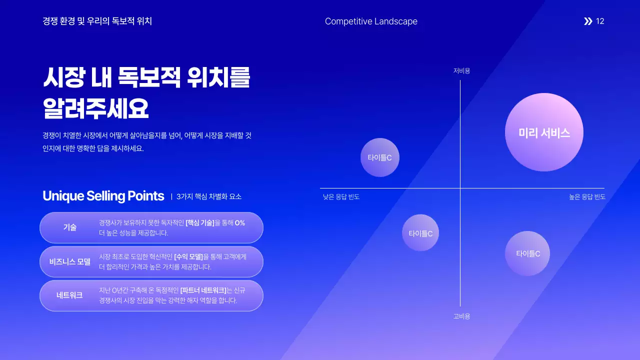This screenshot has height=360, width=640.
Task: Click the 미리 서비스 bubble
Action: pyautogui.click(x=544, y=132)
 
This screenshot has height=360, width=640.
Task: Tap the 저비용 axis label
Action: pyautogui.click(x=461, y=71)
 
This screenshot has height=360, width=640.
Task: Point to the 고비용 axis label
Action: pyautogui.click(x=461, y=316)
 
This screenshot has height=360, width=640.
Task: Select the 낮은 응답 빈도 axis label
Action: pyautogui.click(x=341, y=197)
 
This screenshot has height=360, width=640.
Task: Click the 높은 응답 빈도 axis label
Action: pyautogui.click(x=587, y=197)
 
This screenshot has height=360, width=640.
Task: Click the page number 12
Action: pyautogui.click(x=600, y=21)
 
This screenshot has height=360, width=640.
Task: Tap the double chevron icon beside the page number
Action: pyautogui.click(x=588, y=21)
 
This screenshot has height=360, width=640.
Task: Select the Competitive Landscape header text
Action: pyautogui.click(x=371, y=21)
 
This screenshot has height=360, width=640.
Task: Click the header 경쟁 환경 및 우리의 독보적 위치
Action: pyautogui.click(x=97, y=21)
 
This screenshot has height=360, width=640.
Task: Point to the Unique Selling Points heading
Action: pyautogui.click(x=103, y=196)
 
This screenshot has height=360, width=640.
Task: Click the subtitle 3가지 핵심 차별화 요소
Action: pyautogui.click(x=209, y=196)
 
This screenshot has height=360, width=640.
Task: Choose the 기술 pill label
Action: pyautogui.click(x=69, y=227)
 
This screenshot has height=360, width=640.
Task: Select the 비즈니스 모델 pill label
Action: pyautogui.click(x=69, y=261)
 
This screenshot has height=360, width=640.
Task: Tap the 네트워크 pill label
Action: pyautogui.click(x=69, y=295)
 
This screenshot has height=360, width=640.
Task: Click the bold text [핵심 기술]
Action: pyautogui.click(x=199, y=223)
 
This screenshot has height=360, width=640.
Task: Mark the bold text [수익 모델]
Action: pyautogui.click(x=188, y=257)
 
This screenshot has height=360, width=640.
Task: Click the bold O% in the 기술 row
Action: pyautogui.click(x=239, y=223)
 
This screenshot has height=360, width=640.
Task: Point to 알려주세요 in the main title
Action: pyautogui.click(x=96, y=108)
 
